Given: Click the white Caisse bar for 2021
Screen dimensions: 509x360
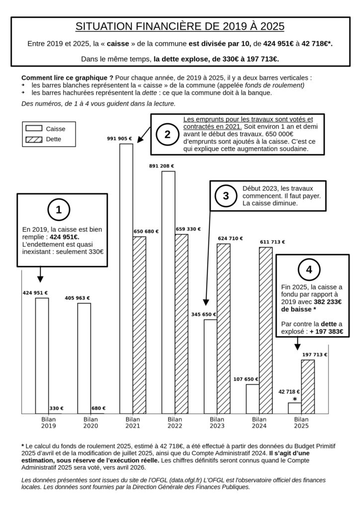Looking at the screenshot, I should click(x=126, y=278).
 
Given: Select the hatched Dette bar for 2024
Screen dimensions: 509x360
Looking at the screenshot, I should click(x=266, y=330).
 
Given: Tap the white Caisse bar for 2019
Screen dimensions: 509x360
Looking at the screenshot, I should click(x=42, y=355).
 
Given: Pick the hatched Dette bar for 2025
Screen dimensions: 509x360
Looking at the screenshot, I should click(x=308, y=386).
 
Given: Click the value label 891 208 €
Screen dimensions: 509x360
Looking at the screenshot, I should click(x=162, y=166).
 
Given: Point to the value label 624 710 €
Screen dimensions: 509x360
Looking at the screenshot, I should click(x=230, y=239).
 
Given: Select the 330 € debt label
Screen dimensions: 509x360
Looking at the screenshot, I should click(x=56, y=408).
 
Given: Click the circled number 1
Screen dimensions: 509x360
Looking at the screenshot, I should click(x=59, y=210).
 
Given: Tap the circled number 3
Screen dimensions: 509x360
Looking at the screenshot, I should click(x=226, y=196).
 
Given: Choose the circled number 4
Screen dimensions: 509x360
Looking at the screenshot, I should click(x=309, y=270).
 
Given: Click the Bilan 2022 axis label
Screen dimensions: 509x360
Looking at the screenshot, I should click(x=175, y=423).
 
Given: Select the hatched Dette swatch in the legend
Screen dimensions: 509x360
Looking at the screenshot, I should click(x=34, y=139).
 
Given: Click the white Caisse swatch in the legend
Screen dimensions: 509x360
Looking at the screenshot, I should click(x=34, y=129).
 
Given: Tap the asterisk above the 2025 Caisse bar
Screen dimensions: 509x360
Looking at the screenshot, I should click(x=295, y=399).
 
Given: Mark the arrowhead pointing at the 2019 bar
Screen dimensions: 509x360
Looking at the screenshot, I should click(x=41, y=279).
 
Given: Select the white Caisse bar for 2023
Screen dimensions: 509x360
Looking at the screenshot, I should click(x=211, y=366).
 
